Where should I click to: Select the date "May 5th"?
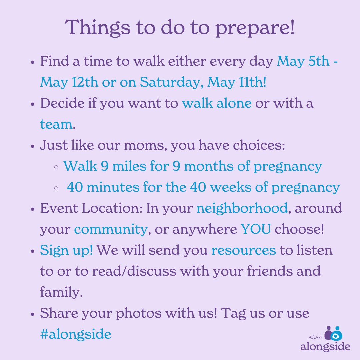[x=303, y=62]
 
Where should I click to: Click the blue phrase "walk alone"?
[x=217, y=103]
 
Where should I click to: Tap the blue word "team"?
[x=56, y=124]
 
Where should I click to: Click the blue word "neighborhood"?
[x=242, y=208]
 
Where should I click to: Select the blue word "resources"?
[x=244, y=250]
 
